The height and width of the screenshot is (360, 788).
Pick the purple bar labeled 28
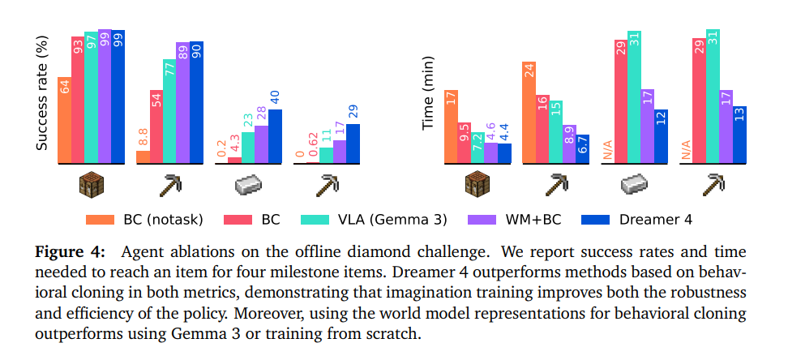tap(261, 144)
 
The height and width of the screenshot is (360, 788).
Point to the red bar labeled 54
tap(156, 126)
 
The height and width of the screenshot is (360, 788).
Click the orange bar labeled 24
tap(529, 114)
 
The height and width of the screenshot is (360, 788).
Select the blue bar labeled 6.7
tap(582, 149)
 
